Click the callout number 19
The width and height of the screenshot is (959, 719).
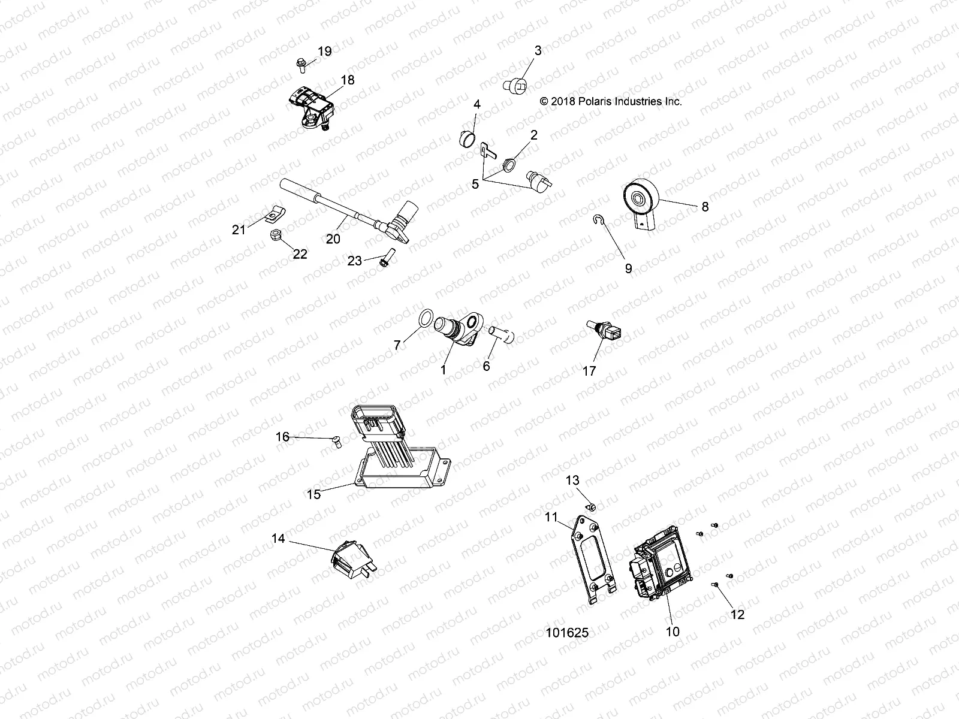coord(324,52)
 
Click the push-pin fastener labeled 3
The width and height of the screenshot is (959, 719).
coord(515,87)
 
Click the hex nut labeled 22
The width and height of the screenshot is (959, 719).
coord(276,234)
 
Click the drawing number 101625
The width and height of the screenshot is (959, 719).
coord(567,633)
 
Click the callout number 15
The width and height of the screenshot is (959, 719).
coord(313,494)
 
